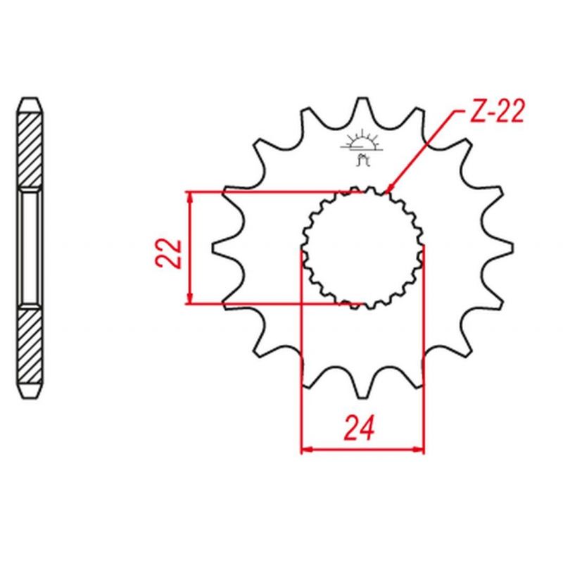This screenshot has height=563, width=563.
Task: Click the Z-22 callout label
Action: pyautogui.click(x=497, y=110)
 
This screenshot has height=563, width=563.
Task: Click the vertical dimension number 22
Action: pyautogui.click(x=168, y=253)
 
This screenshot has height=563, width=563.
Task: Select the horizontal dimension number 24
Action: pyautogui.click(x=359, y=428)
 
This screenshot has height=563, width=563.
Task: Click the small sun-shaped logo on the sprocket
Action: pyautogui.click(x=362, y=148)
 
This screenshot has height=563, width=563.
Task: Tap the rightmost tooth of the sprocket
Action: pyautogui.click(x=502, y=248)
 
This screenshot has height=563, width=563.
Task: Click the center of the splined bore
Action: pyautogui.click(x=362, y=248)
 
